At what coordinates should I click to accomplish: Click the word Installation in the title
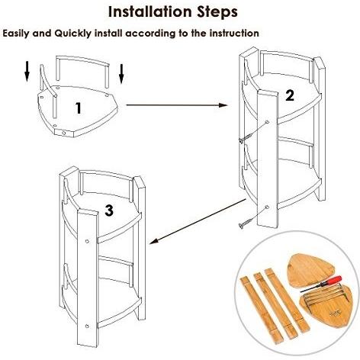(x=149, y=11)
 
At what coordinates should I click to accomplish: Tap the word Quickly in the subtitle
(x=72, y=34)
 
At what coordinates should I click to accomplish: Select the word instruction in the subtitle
(x=234, y=34)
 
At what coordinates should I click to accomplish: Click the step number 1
(x=79, y=108)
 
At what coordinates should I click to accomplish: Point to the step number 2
(x=290, y=95)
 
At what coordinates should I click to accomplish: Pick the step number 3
(x=109, y=211)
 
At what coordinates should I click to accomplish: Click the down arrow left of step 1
(x=27, y=72)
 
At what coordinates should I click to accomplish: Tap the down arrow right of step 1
(x=121, y=74)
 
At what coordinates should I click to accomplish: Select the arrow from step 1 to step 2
(x=177, y=105)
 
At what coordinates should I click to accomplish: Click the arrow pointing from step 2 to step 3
(x=198, y=222)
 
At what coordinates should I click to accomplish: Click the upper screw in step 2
(x=245, y=139)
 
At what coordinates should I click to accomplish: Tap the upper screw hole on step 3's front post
(x=87, y=241)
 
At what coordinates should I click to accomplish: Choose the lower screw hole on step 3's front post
(x=87, y=326)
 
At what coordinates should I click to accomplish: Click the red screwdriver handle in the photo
(x=333, y=280)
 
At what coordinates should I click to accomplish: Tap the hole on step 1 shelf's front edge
(x=63, y=133)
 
